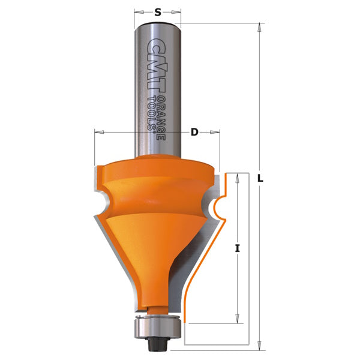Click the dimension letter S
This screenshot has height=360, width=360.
tap(157, 12)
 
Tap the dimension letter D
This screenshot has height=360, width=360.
tap(194, 132)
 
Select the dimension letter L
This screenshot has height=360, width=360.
tap(260, 178)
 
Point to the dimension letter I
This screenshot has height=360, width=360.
tap(238, 248)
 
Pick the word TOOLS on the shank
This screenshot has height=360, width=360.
tap(152, 113)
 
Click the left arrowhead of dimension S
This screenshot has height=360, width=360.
tap(139, 12)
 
